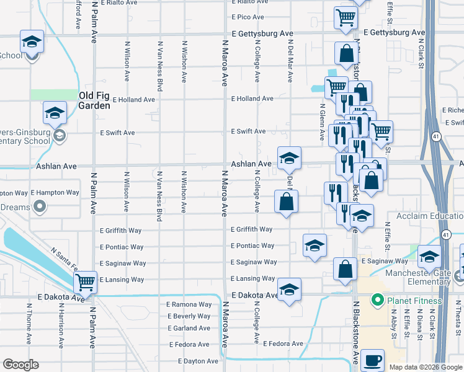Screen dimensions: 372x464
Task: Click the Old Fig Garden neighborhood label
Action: pyautogui.click(x=95, y=100)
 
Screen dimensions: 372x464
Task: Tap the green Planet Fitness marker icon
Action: pyautogui.click(x=376, y=301)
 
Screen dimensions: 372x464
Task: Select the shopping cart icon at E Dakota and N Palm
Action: pyautogui.click(x=85, y=282)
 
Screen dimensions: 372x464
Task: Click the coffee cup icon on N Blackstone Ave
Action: pyautogui.click(x=372, y=360)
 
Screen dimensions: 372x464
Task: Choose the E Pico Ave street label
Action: pyautogui.click(x=248, y=17)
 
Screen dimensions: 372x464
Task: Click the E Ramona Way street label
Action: pyautogui.click(x=190, y=304)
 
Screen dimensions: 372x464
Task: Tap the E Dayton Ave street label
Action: pyautogui.click(x=198, y=361)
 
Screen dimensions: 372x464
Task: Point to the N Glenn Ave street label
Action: pyautogui.click(x=322, y=123)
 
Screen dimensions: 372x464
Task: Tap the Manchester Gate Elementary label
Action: pyautogui.click(x=416, y=277)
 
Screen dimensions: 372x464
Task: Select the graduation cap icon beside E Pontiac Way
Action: pyautogui.click(x=315, y=245)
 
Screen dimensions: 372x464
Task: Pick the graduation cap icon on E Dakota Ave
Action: pyautogui.click(x=288, y=290)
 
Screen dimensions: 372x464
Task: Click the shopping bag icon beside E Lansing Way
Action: pyautogui.click(x=345, y=268)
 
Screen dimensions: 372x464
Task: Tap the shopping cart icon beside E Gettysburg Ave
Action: pyautogui.click(x=346, y=17)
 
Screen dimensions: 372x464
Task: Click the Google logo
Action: pyautogui.click(x=20, y=365)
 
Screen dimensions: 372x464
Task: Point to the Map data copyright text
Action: pyautogui.click(x=425, y=367)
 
